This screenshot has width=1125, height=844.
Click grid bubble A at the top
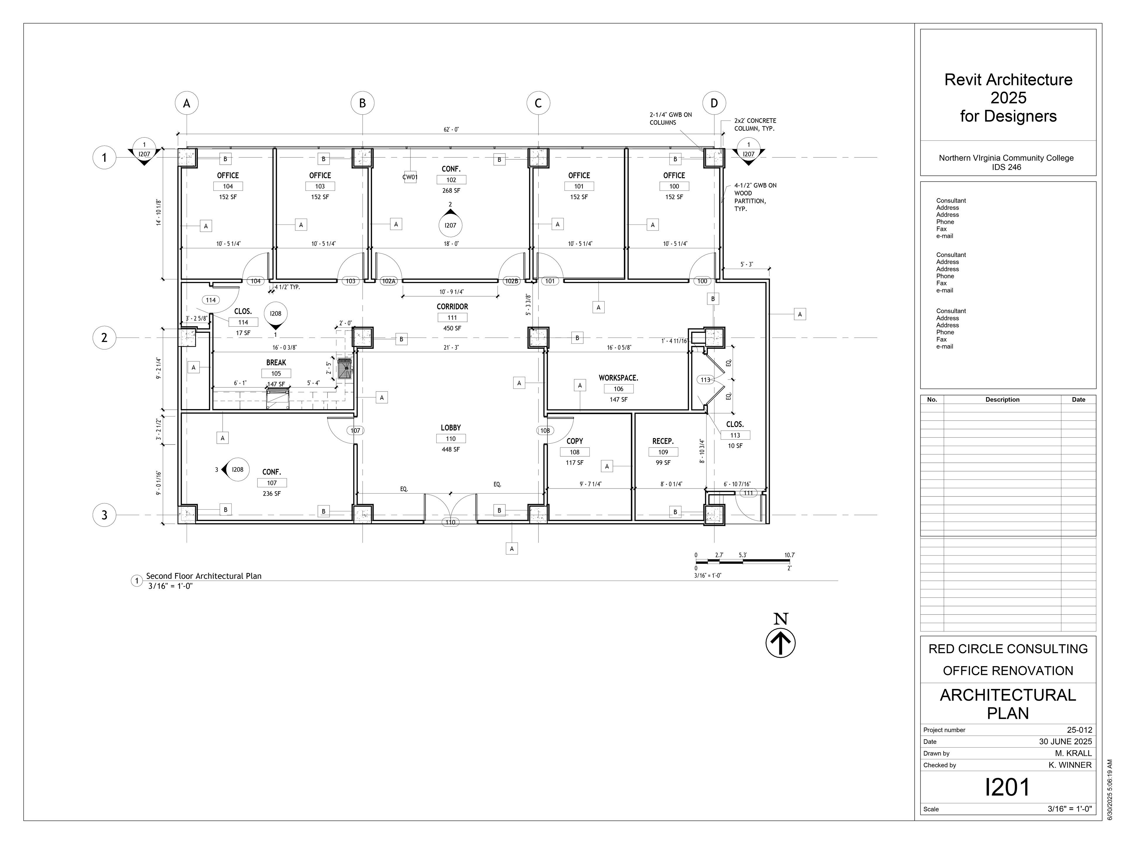187,103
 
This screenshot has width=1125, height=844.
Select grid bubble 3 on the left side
104,515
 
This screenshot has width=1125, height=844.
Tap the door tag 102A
388,281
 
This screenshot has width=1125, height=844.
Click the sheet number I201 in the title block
1008,787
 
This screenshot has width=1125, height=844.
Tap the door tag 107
355,430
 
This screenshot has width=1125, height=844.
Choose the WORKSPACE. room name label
618,378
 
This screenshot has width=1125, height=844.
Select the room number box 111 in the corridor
452,317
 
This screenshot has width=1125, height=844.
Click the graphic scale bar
743,561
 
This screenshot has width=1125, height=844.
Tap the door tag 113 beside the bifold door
705,380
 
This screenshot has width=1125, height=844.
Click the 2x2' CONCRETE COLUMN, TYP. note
755,125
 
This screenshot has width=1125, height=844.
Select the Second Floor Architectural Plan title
204,576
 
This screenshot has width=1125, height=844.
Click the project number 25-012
1079,729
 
